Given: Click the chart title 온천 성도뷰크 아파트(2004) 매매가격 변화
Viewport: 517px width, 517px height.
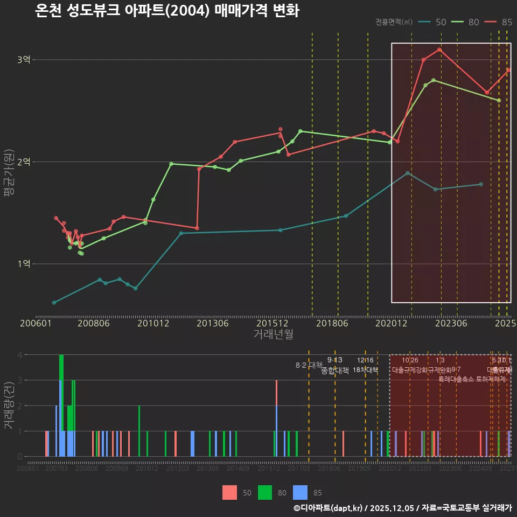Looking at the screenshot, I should [167, 11].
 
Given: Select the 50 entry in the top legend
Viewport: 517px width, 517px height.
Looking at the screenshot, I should [441, 22].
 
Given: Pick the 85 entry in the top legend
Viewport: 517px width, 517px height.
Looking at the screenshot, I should [507, 22].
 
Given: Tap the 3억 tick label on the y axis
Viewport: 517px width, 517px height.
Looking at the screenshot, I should [24, 60].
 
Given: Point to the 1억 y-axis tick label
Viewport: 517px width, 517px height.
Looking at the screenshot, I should [24, 264].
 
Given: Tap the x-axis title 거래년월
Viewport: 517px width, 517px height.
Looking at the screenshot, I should [273, 334].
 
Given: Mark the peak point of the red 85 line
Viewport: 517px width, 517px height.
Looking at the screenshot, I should [439, 50].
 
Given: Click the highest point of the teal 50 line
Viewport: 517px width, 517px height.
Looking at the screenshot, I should [408, 173].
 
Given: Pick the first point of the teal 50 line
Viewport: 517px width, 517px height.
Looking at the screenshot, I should [54, 303].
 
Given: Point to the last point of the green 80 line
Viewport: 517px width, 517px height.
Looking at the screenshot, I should [499, 101].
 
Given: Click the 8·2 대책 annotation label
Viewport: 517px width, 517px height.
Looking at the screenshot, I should [309, 365].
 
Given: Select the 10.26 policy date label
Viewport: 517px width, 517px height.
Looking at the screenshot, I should [410, 360].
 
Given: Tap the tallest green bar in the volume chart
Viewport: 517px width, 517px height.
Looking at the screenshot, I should [61, 405].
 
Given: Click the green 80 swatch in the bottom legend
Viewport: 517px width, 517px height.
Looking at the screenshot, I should [265, 492].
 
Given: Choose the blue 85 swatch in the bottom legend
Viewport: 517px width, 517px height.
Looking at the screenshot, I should [300, 492].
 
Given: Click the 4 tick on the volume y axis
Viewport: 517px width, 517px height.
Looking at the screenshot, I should [19, 355].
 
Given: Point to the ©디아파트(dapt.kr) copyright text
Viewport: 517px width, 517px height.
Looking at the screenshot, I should [329, 508].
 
